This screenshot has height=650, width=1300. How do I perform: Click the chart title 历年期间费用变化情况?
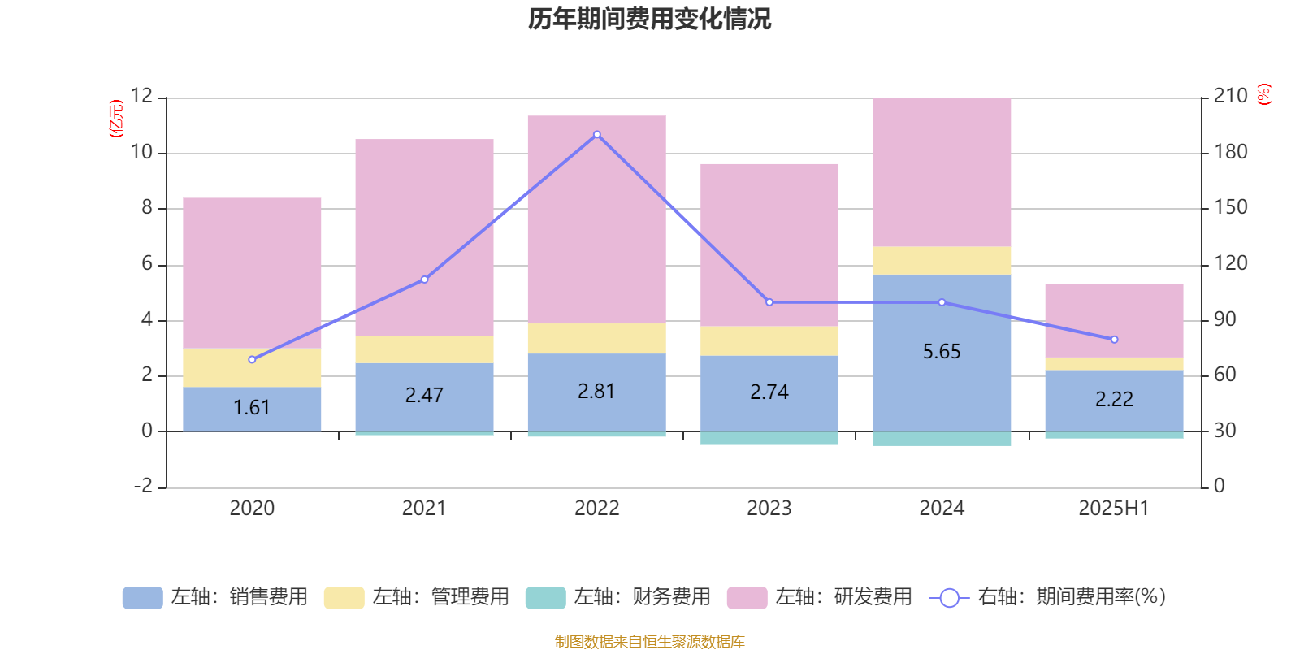pyautogui.click(x=649, y=19)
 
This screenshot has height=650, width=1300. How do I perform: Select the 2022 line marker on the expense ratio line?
pyautogui.click(x=597, y=135)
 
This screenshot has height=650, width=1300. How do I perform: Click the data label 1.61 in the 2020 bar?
pyautogui.click(x=252, y=407)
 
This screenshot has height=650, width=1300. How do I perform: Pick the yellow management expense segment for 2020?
pyautogui.click(x=252, y=367)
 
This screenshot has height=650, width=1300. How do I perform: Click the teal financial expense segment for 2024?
pyautogui.click(x=942, y=439)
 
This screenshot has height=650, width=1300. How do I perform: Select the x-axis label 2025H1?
pyautogui.click(x=1113, y=508)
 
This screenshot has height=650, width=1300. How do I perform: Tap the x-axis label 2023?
pyautogui.click(x=769, y=508)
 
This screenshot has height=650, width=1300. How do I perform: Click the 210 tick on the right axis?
pyautogui.click(x=1230, y=96)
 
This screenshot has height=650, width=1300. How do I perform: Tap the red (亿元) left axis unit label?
pyautogui.click(x=116, y=119)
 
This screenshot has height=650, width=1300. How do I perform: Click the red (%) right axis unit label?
pyautogui.click(x=1263, y=94)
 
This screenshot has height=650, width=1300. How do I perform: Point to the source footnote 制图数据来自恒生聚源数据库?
pyautogui.click(x=649, y=642)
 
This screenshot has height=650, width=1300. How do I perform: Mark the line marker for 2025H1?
pyautogui.click(x=1114, y=340)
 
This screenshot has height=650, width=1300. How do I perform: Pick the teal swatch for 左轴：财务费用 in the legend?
pyautogui.click(x=545, y=598)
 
